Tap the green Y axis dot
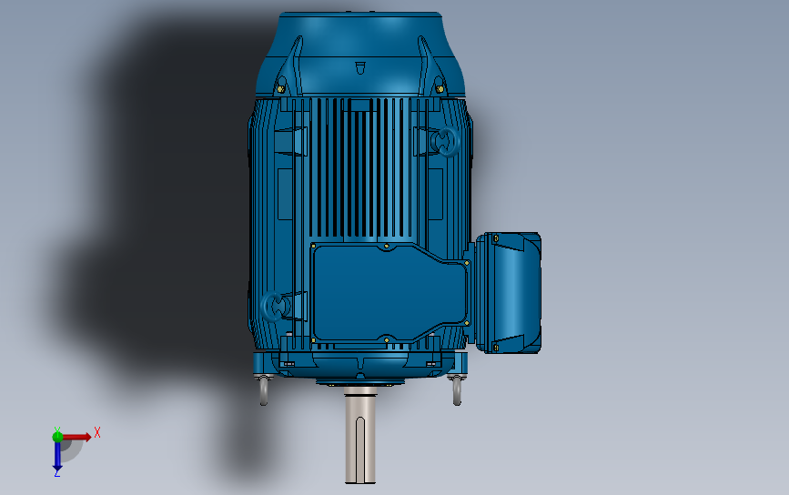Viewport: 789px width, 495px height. pos(57,436)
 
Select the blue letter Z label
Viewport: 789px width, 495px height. pos(57,473)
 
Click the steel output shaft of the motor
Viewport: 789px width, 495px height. pos(360,437)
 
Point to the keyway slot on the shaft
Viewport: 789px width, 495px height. pos(360,450)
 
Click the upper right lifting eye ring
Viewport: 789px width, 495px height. pos(447,142)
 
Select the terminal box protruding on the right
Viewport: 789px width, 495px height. pos(508,291)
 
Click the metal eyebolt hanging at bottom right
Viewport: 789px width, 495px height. pos(455,390)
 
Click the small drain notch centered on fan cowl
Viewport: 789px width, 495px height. pos(359,67)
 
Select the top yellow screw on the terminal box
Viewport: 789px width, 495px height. pos(496,238)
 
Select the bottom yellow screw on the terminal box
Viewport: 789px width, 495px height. pos(495,346)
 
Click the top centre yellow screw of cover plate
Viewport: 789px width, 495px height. pos(387,245)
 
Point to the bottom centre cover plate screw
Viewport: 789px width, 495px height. pos(387,340)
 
